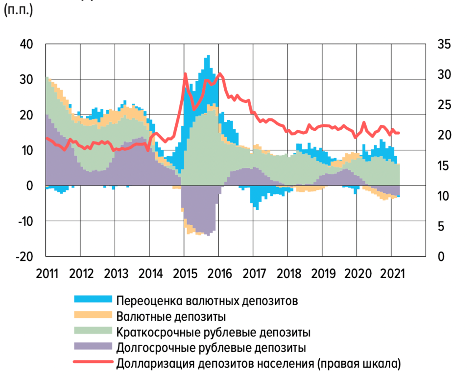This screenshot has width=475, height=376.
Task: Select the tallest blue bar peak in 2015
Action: click(208, 56)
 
